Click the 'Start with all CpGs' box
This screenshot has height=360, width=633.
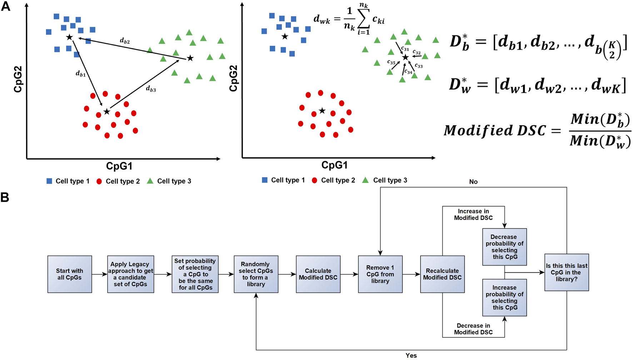click(70, 274)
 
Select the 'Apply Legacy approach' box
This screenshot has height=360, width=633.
click(130, 274)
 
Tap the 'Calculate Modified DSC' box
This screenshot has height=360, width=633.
click(318, 274)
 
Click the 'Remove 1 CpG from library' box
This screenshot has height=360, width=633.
click(380, 274)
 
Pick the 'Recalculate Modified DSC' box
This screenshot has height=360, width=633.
click(442, 274)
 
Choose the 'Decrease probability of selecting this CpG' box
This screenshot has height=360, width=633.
click(504, 247)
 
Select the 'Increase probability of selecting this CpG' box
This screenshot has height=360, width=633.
click(504, 297)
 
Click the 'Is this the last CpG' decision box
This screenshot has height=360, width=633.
click(567, 272)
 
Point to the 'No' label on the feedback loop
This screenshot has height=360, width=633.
click(473, 182)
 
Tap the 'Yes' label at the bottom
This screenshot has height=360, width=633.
click(411, 355)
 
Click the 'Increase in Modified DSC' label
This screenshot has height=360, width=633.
click(473, 214)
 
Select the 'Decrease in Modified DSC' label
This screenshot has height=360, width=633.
click(473, 329)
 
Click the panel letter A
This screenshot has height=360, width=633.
click(6, 6)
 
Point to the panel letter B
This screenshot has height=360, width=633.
click(5, 197)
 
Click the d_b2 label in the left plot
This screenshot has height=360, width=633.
click(125, 41)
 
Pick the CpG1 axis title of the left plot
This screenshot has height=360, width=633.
click(119, 166)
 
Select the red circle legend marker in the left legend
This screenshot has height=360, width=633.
click(99, 181)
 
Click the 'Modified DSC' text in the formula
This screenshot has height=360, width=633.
click(495, 130)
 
